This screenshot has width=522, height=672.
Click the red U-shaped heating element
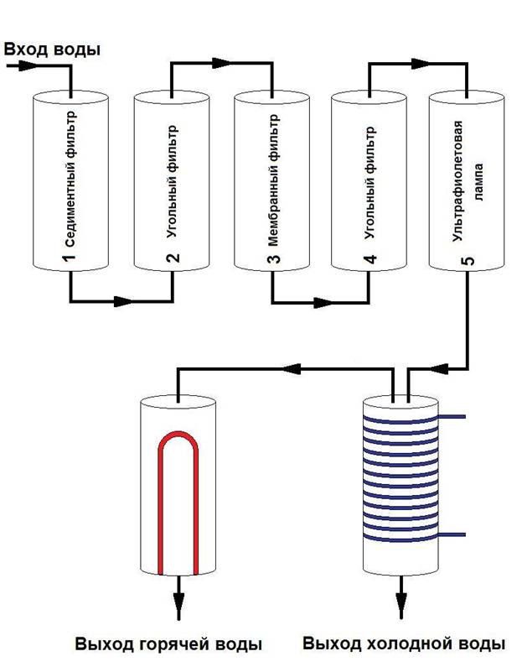178,495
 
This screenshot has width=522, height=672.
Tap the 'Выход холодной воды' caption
404,645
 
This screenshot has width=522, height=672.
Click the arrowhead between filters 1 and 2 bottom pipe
126,300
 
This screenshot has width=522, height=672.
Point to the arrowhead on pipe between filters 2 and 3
221,63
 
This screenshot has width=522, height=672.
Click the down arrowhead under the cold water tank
402,606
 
